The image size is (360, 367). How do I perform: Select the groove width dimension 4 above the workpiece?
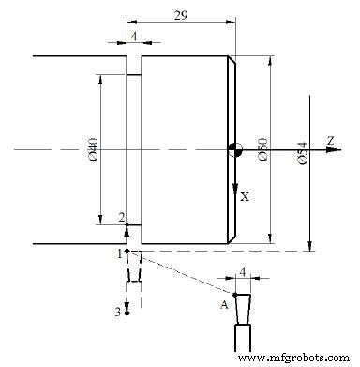[x=134, y=35]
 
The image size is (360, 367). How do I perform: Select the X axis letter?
[x=245, y=197]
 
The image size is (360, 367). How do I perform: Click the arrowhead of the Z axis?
[x=338, y=149]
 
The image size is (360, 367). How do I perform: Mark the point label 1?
[x=119, y=253]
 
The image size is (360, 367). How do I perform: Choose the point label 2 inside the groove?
[x=121, y=218]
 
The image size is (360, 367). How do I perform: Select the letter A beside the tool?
[x=224, y=305]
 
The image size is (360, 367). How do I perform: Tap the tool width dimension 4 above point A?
[x=243, y=272]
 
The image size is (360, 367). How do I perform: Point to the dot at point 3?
[x=127, y=312]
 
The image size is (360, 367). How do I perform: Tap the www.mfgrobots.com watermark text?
[x=297, y=359]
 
